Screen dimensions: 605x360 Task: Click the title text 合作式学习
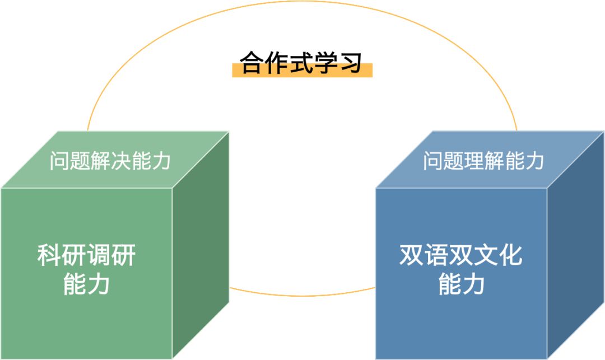301,63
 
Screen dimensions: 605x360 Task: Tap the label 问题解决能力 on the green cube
110,161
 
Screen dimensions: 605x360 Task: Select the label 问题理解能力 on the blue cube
483,161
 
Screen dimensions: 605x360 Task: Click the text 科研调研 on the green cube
87,256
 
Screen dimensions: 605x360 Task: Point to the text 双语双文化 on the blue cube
460,256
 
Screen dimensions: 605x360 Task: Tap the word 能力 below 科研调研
87,284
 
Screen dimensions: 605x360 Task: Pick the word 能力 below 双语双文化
460,284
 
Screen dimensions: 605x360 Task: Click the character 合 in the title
252,63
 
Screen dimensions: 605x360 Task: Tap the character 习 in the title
351,63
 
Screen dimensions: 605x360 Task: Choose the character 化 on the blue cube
510,256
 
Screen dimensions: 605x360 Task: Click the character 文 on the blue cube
485,256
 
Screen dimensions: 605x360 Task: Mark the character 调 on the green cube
99,256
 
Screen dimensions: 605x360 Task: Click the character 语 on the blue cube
436,256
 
